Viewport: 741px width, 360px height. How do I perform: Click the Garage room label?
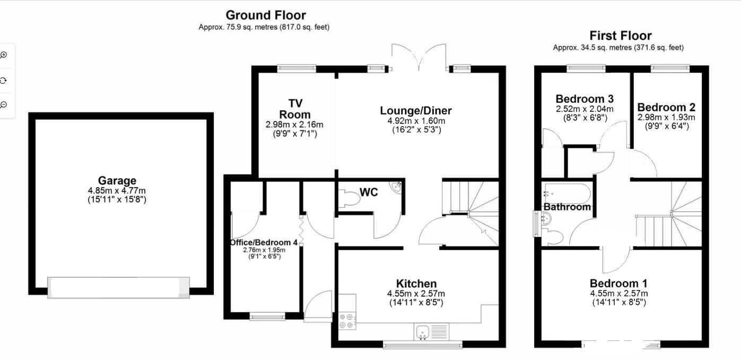pos(117,181)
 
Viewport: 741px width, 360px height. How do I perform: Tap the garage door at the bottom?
pos(118,287)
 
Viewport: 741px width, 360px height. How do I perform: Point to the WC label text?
pos(369,192)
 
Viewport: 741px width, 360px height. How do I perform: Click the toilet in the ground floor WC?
pos(351,199)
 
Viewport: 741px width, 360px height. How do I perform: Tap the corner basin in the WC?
pos(396,186)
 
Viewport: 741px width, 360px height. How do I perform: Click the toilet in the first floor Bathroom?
pos(553,236)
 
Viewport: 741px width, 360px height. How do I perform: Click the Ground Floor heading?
pos(266,15)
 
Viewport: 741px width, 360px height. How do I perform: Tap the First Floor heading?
pos(621,36)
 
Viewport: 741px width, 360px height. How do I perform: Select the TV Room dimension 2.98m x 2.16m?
pos(294,125)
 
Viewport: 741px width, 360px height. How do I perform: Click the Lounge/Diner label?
pos(416,111)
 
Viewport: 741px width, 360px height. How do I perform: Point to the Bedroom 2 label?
pos(666,107)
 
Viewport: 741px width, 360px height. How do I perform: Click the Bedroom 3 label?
pos(585,99)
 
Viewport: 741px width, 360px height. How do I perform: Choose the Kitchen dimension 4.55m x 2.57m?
pos(416,294)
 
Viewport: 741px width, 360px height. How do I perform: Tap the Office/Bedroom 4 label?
pos(264,242)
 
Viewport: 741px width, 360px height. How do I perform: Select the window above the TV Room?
pos(297,68)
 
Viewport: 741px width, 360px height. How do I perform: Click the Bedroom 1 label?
pos(618,283)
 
